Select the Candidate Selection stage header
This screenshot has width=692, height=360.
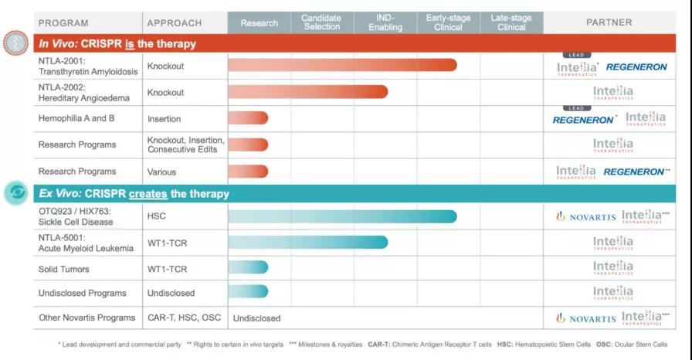tap(321, 22)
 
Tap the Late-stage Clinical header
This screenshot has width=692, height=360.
tap(511, 22)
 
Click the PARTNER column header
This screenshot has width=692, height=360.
tap(609, 22)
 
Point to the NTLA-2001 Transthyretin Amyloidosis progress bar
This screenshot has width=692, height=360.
tap(342, 66)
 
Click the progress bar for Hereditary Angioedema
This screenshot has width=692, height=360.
tap(307, 92)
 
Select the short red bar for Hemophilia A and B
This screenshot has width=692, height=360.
tap(248, 118)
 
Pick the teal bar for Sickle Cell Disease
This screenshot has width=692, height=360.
tap(342, 216)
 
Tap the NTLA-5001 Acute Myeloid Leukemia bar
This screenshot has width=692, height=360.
tap(307, 243)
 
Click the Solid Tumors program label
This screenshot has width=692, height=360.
tap(64, 269)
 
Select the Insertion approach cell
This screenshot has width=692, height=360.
tap(165, 119)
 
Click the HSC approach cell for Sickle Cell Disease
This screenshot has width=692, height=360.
tap(156, 216)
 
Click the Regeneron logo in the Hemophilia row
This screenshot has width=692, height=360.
tap(585, 120)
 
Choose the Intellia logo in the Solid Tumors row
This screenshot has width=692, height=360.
tap(613, 269)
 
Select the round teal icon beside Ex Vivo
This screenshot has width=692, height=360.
tap(15, 193)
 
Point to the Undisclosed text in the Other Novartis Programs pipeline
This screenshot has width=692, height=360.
tap(257, 318)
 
